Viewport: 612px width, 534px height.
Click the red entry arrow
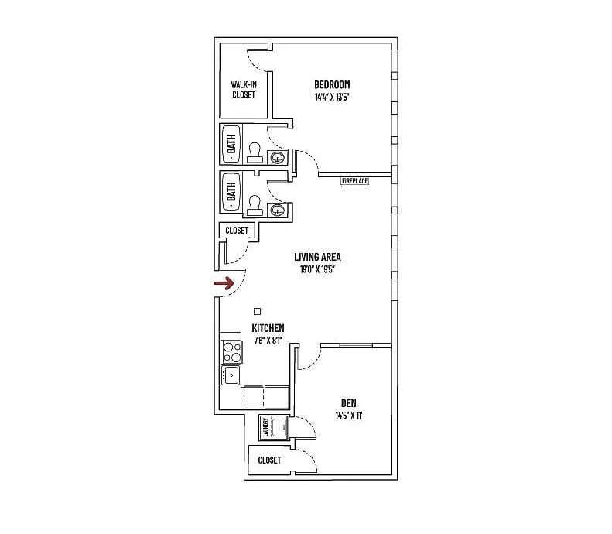point(224,283)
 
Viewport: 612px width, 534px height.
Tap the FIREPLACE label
point(355,181)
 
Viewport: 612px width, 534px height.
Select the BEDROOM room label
point(332,84)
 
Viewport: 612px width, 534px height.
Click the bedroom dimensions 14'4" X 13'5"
point(331,98)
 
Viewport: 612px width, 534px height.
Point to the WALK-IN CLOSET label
point(244,90)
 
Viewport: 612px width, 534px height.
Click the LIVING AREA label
point(317,257)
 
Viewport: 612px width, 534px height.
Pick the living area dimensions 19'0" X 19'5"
point(317,269)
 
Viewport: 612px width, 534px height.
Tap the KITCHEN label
point(268,328)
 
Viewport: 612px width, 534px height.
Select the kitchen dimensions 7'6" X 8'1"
point(268,341)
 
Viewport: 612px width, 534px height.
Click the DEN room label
point(348,403)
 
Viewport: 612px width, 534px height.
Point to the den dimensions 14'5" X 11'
point(348,416)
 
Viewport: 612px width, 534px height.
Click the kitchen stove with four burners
point(231,351)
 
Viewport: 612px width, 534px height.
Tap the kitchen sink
point(231,375)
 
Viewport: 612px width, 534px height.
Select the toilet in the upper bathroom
point(254,152)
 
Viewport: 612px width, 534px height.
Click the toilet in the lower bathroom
point(254,205)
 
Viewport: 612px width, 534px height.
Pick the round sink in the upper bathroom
point(277,157)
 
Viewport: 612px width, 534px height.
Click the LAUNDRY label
point(265,427)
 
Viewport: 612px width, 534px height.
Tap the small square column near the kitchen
point(257,311)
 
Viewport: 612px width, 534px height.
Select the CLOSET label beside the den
point(269,460)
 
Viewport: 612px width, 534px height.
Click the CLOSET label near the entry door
point(237,231)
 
